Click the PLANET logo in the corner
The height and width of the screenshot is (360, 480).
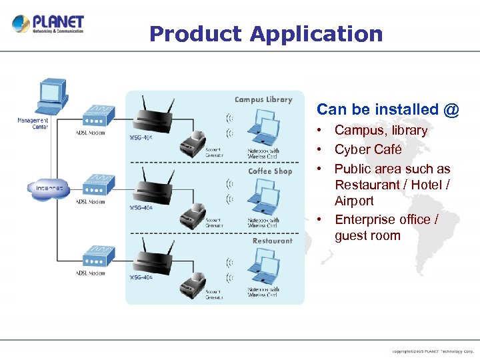click(x=48, y=25)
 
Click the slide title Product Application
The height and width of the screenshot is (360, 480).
click(x=266, y=33)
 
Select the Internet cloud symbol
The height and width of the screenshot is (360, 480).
click(x=49, y=189)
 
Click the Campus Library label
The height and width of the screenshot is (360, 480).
click(x=263, y=99)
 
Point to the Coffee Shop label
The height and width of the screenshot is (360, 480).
click(x=270, y=171)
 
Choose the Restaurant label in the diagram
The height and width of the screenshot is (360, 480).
click(x=272, y=241)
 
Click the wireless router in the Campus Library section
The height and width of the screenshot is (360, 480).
click(x=153, y=118)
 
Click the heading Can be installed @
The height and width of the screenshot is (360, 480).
click(x=387, y=109)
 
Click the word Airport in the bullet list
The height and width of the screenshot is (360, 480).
click(x=354, y=201)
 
